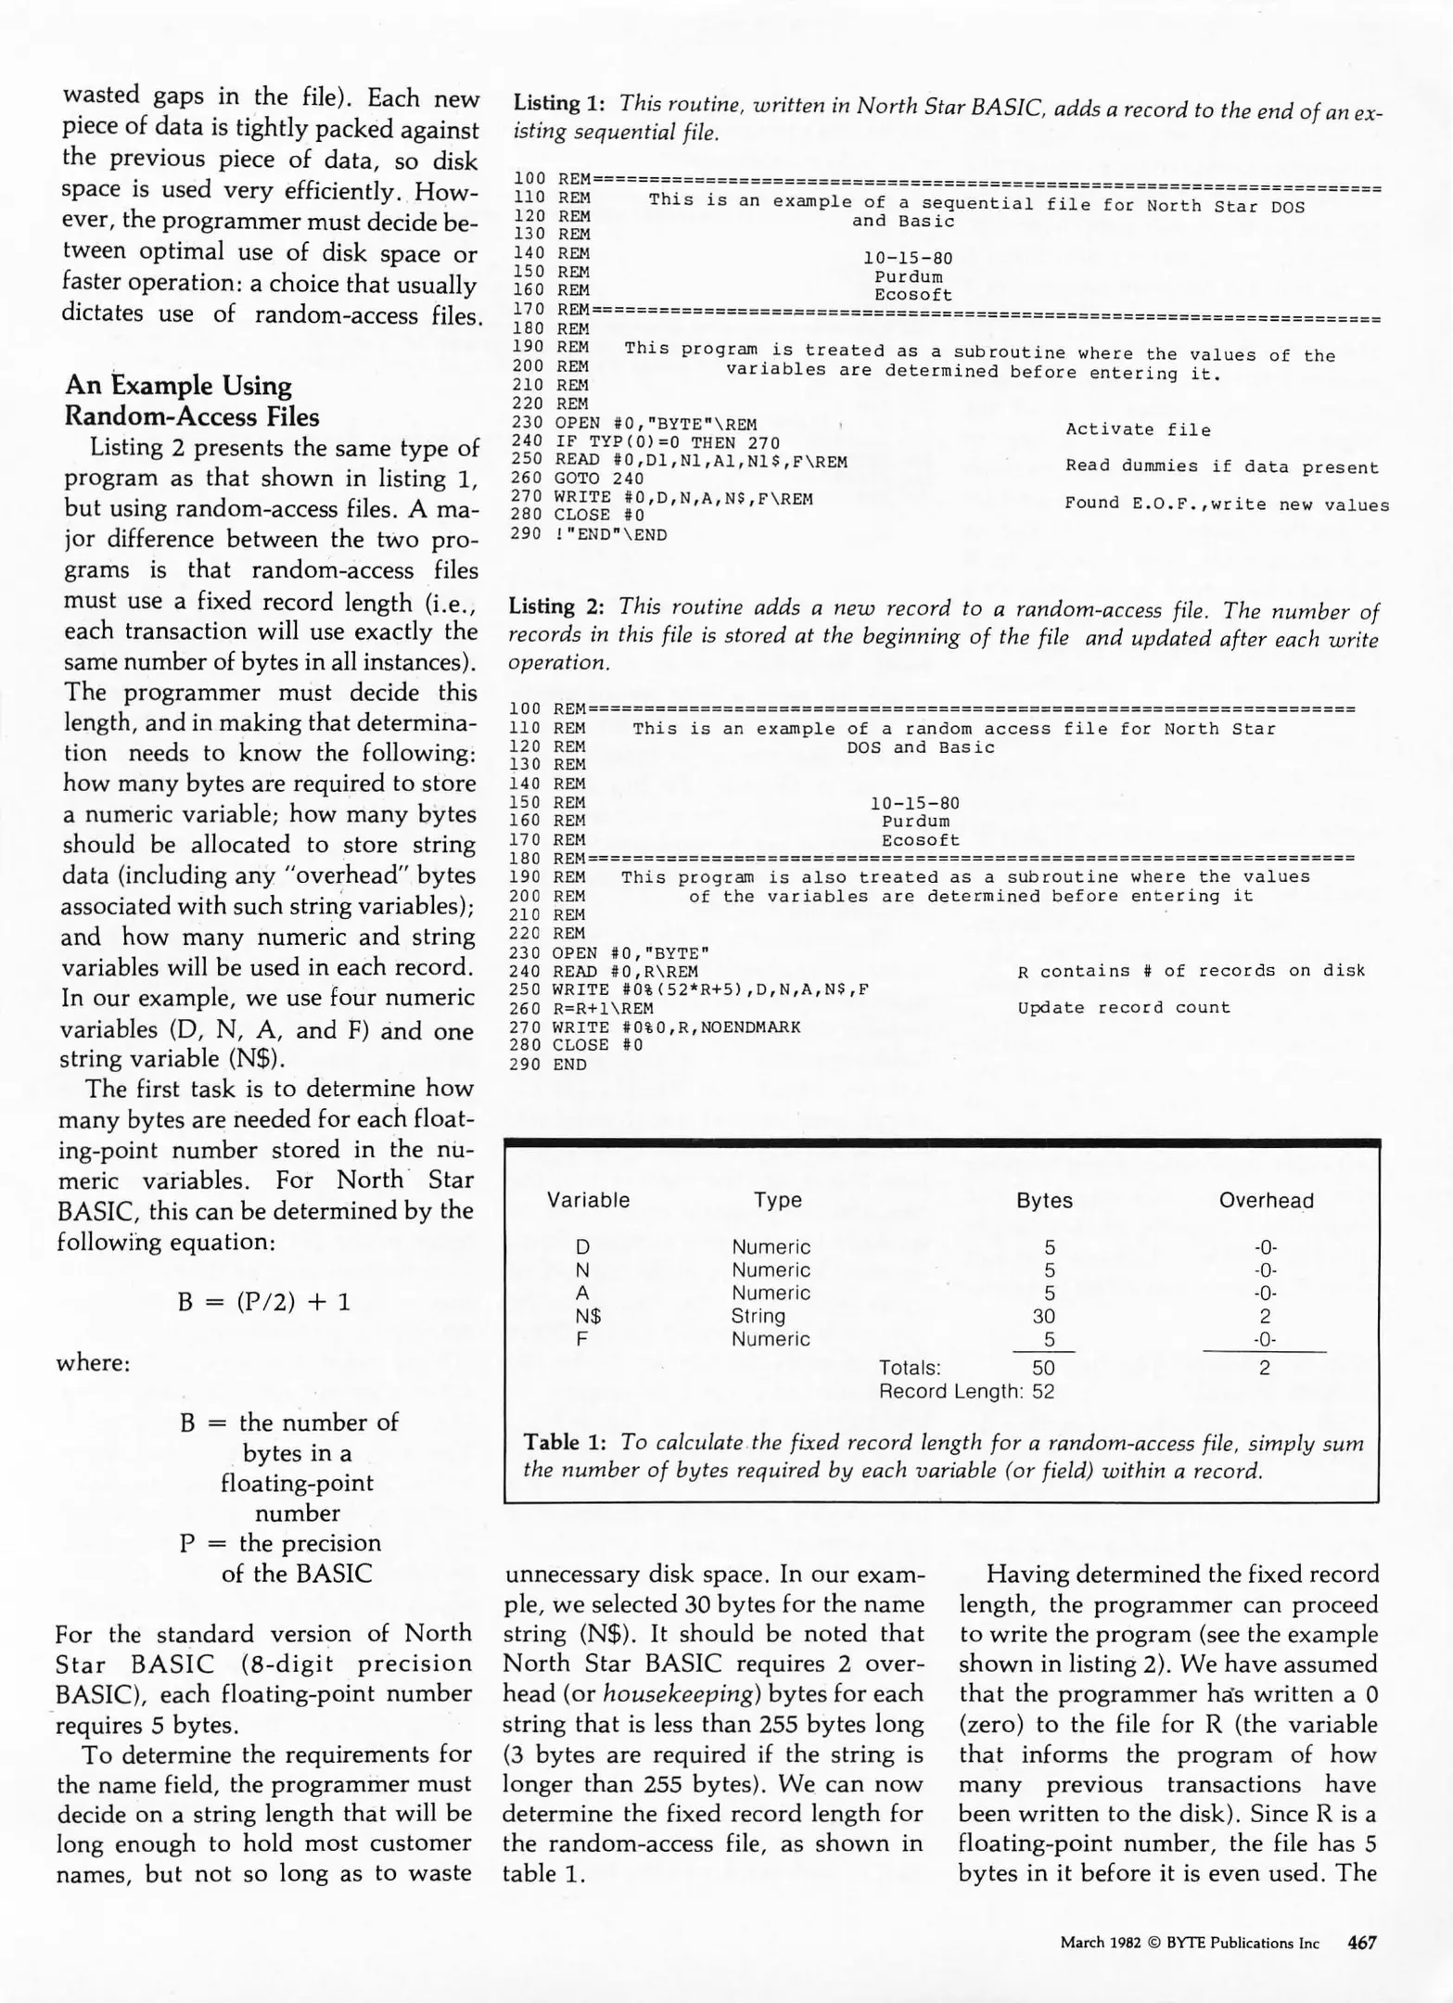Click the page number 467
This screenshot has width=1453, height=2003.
(x=1361, y=1943)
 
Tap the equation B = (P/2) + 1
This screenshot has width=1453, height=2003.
(x=264, y=1302)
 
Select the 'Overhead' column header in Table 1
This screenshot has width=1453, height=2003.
(x=1266, y=1200)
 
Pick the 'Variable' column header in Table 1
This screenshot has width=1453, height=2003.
(x=588, y=1200)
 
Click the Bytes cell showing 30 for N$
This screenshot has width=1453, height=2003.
(x=1044, y=1316)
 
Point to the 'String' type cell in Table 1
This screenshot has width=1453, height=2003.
(x=758, y=1316)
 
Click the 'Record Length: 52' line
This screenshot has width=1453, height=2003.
(x=966, y=1391)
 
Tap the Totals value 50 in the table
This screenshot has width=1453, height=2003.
(x=1043, y=1368)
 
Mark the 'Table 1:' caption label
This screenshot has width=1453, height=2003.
(x=565, y=1442)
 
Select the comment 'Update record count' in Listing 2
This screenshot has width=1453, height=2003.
(x=1124, y=1007)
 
